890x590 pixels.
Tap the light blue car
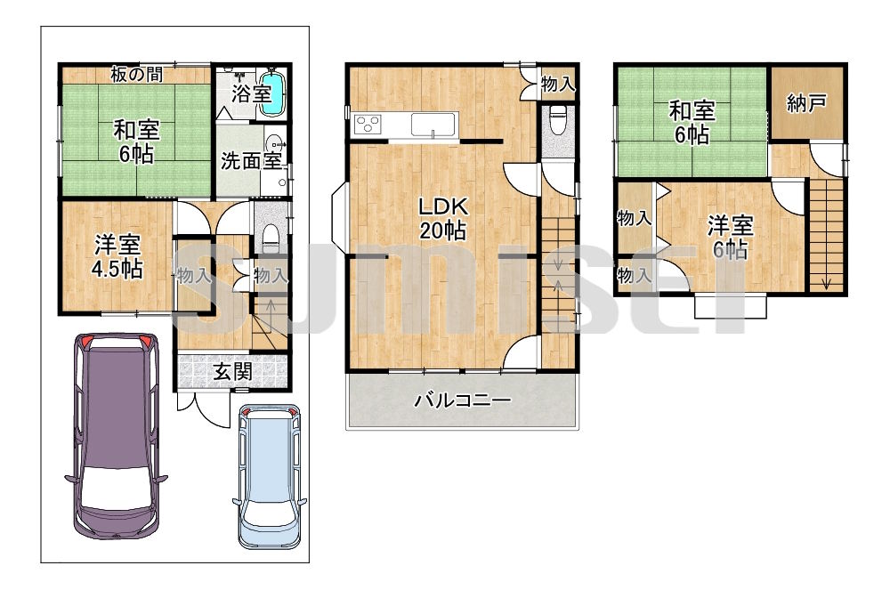click(270, 477)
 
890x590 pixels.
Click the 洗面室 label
click(251, 160)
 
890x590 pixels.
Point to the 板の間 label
click(136, 75)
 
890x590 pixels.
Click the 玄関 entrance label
click(232, 372)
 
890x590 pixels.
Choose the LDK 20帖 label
click(442, 218)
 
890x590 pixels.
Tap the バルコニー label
click(463, 400)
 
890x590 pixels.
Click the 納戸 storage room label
click(806, 103)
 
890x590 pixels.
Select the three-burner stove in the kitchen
click(368, 124)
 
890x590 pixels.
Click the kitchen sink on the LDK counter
click(433, 124)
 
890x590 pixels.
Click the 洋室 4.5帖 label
click(117, 257)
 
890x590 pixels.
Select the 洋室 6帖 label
click(730, 238)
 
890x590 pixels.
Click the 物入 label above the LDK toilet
click(558, 85)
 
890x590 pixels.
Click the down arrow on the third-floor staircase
click(826, 281)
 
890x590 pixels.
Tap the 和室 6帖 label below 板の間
click(136, 141)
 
